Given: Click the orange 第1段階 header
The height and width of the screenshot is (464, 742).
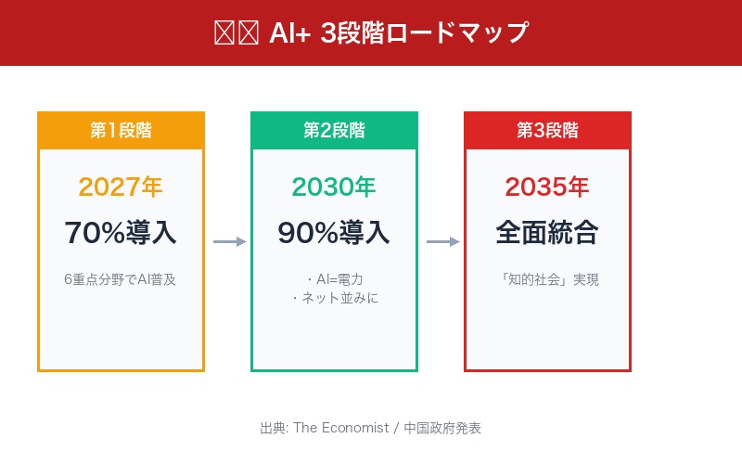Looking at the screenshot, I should (x=121, y=130).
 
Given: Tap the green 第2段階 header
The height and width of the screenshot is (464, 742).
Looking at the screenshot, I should (x=334, y=130).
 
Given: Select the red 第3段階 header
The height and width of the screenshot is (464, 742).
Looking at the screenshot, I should (x=547, y=130).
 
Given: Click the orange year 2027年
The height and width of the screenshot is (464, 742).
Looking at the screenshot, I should (x=121, y=187).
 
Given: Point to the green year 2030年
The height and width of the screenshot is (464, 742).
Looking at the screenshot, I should (x=334, y=187).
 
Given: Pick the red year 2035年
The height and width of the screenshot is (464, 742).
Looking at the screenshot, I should (x=547, y=187).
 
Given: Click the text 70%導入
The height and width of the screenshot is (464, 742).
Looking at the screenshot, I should (x=121, y=232).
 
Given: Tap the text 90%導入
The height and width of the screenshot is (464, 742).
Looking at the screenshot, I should (x=334, y=232).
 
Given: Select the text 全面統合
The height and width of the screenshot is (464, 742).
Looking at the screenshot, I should (x=547, y=232).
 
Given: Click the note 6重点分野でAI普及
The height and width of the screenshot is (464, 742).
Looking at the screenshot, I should (x=121, y=279).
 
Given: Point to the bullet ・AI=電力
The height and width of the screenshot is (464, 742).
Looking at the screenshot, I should (x=334, y=279).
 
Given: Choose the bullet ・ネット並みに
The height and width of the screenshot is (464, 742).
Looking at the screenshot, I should (x=334, y=298).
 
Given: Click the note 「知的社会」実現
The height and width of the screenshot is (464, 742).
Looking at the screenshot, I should (x=547, y=279).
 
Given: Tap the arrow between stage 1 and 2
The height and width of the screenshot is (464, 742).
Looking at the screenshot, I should (x=229, y=242).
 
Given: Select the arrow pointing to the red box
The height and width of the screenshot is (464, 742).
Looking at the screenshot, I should (x=442, y=242).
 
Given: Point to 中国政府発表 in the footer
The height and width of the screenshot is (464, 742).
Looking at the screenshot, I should (x=442, y=428).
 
